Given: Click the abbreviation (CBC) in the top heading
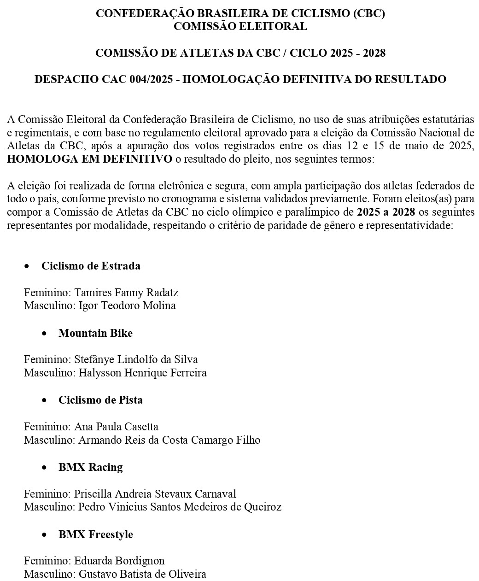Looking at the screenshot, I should [x=368, y=13].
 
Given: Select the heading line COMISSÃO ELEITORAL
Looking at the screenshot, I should [x=240, y=26].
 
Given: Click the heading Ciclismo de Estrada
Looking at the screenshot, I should [x=91, y=266].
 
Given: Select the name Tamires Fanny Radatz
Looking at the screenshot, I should [x=126, y=293].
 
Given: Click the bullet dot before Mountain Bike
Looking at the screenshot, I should [x=44, y=333].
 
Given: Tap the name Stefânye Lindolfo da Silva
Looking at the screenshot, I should [x=136, y=359].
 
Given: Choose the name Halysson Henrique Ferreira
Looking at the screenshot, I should [x=142, y=372].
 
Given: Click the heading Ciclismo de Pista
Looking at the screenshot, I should [x=100, y=400].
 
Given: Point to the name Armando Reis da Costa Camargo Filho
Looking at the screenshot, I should [x=169, y=440].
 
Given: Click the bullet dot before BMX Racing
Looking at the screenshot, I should [x=44, y=467].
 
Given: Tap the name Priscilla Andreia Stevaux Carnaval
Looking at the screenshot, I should [x=155, y=494].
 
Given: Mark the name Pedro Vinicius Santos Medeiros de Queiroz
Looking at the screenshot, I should [x=180, y=507].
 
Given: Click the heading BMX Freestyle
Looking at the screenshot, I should [x=95, y=534].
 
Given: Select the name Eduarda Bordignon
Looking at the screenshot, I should [x=119, y=561].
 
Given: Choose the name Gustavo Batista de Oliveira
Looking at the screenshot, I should [x=142, y=574].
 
